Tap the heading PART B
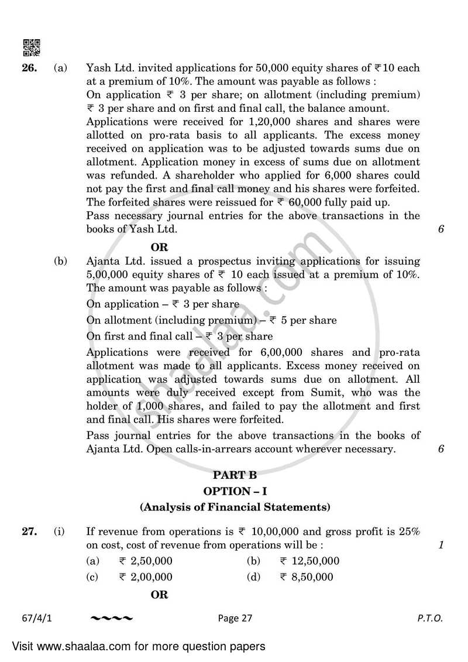234,475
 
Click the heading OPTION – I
234,491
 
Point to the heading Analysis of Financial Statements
234,507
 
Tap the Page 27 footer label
234,618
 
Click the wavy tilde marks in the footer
112,618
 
